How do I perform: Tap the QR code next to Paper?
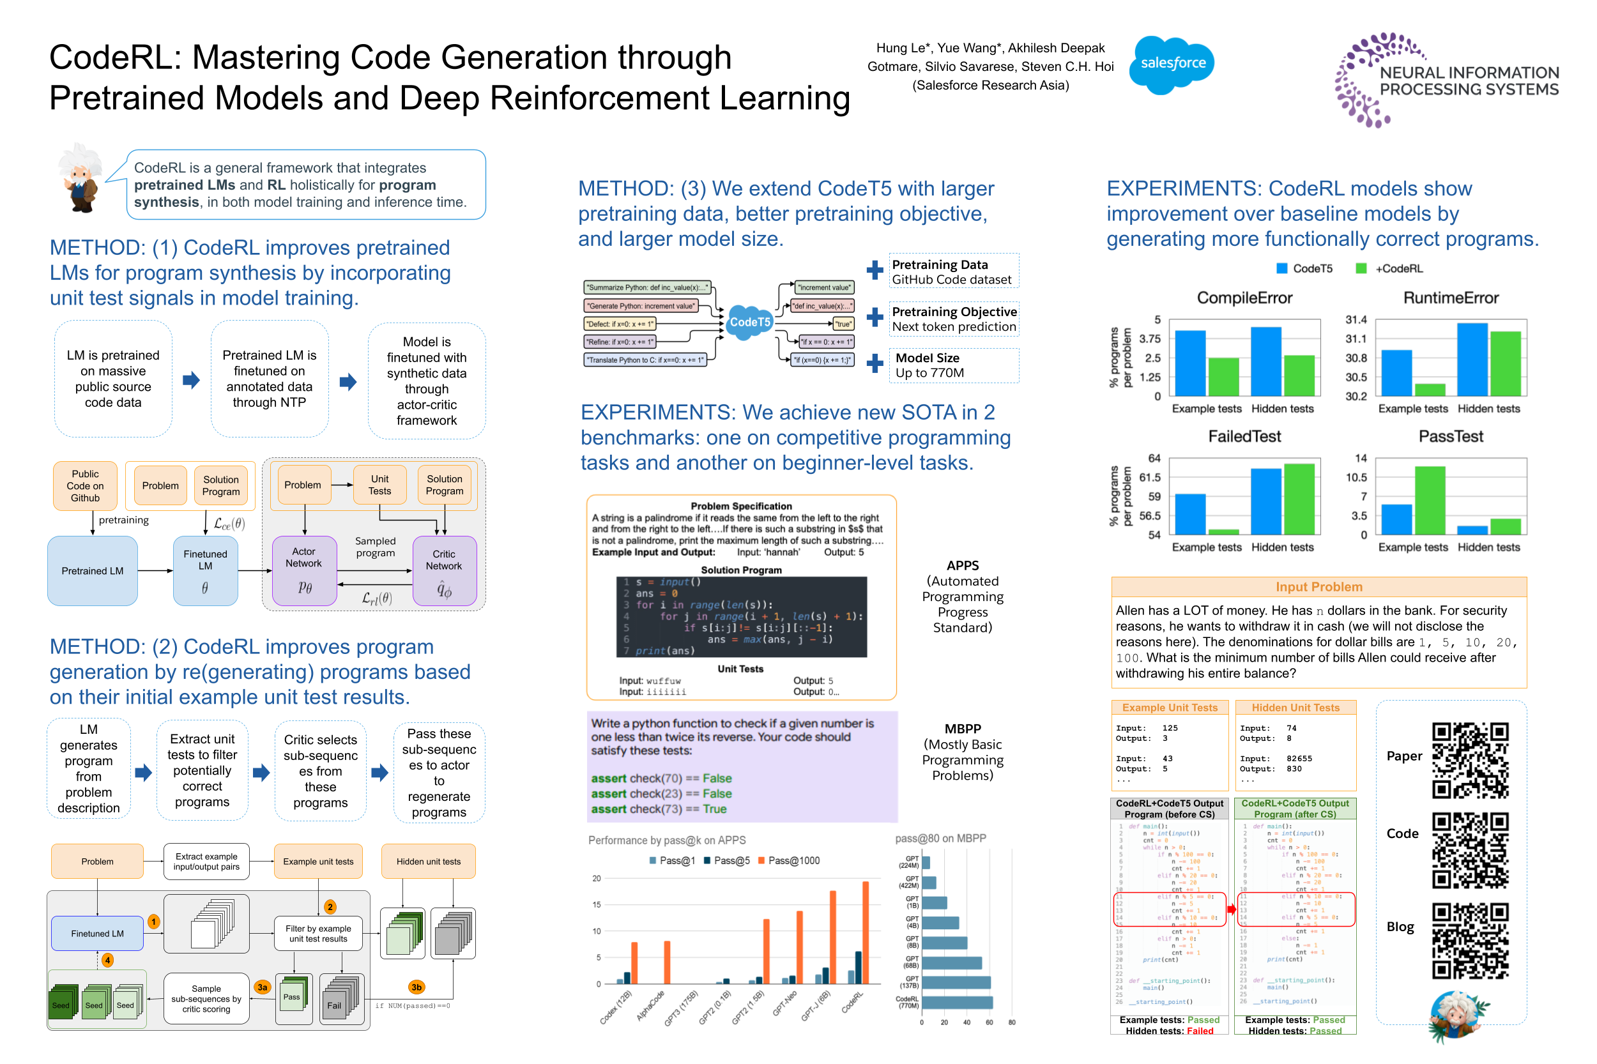tap(1469, 760)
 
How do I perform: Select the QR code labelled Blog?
tap(1469, 940)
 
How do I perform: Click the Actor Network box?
tap(304, 570)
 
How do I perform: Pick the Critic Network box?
tap(444, 570)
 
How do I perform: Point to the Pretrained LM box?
tap(92, 571)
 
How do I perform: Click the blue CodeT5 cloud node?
tap(749, 323)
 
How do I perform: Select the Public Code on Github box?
tap(85, 486)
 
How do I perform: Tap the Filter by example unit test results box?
tap(317, 934)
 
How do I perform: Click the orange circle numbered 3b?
tap(416, 987)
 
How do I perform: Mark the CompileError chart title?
tap(1244, 298)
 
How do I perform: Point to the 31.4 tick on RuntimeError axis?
tap(1356, 319)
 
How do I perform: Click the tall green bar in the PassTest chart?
tap(1430, 500)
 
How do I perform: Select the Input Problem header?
tap(1318, 587)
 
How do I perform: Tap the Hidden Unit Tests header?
tap(1295, 708)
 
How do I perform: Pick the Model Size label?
tap(927, 358)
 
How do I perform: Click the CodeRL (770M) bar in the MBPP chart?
tap(956, 1002)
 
